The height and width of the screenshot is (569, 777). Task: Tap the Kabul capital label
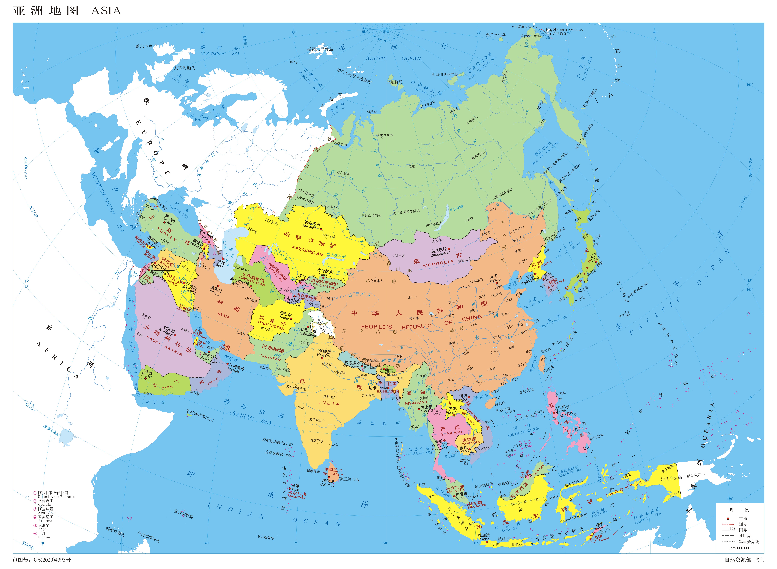coord(285,318)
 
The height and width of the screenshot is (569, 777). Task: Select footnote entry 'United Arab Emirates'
coord(56,497)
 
